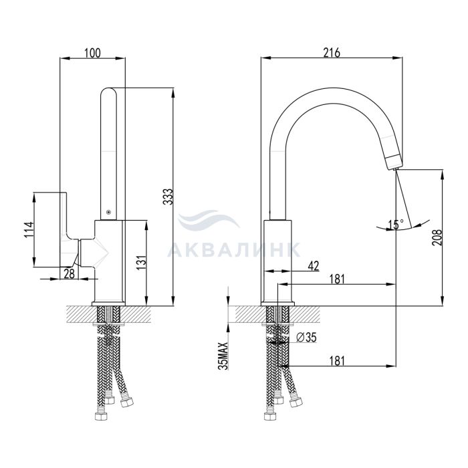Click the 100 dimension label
click(92, 53)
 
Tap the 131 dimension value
click(142, 263)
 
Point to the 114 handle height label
click(29, 229)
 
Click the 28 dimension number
click(70, 273)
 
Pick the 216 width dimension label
click(332, 53)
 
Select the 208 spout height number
click(437, 237)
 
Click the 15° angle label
click(396, 225)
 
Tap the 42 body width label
click(313, 265)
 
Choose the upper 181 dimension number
click(337, 279)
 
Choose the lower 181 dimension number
click(337, 361)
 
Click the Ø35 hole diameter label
click(306, 338)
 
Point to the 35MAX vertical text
click(223, 356)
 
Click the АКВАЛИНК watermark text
click(234, 249)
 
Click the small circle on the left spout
click(108, 212)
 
